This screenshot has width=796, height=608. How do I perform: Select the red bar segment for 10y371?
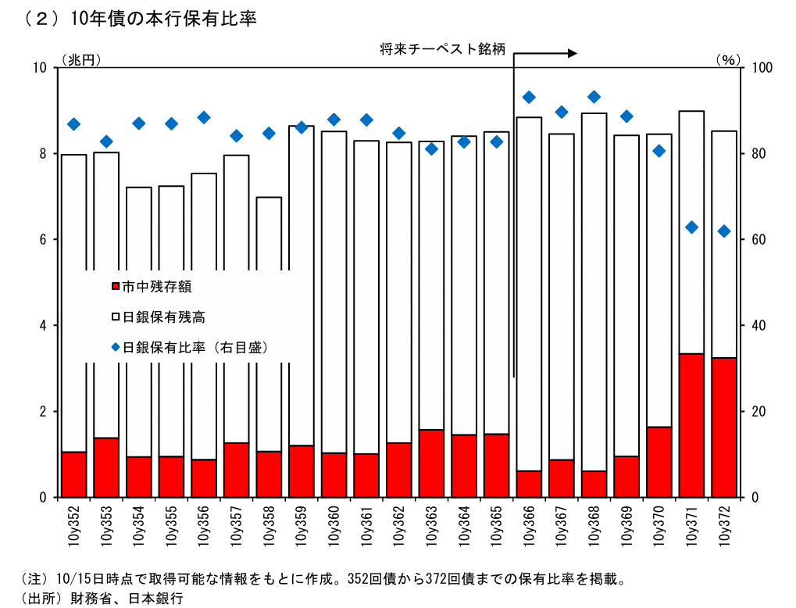[x=691, y=425]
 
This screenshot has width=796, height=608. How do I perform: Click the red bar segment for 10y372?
[x=723, y=427]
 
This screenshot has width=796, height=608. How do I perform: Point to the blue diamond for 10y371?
[x=691, y=227]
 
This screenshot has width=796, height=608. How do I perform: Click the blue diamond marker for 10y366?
[x=529, y=97]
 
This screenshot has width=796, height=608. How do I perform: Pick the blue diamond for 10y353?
[x=106, y=141]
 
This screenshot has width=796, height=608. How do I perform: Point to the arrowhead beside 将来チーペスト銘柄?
[x=572, y=53]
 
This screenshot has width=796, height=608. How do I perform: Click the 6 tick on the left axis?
[x=43, y=239]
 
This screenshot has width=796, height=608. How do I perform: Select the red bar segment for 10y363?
[x=431, y=463]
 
